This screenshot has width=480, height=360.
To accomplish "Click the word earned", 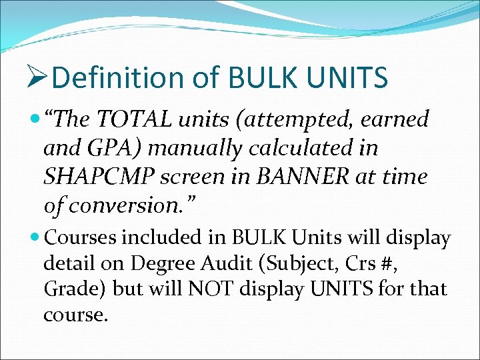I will click(x=396, y=121).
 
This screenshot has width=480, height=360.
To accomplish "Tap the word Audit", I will click(x=218, y=264).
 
